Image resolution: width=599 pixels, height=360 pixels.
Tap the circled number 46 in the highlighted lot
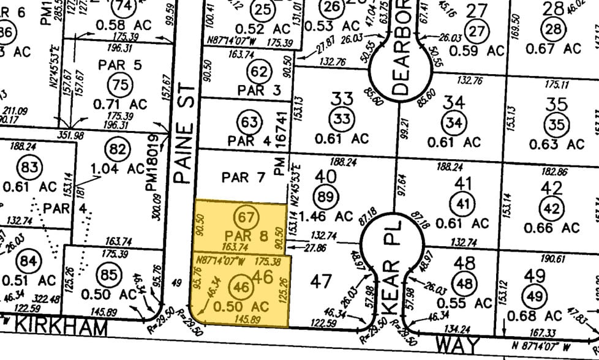[243, 286]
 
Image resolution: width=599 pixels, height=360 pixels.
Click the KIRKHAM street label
[59, 327]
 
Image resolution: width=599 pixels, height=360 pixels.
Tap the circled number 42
[552, 209]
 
